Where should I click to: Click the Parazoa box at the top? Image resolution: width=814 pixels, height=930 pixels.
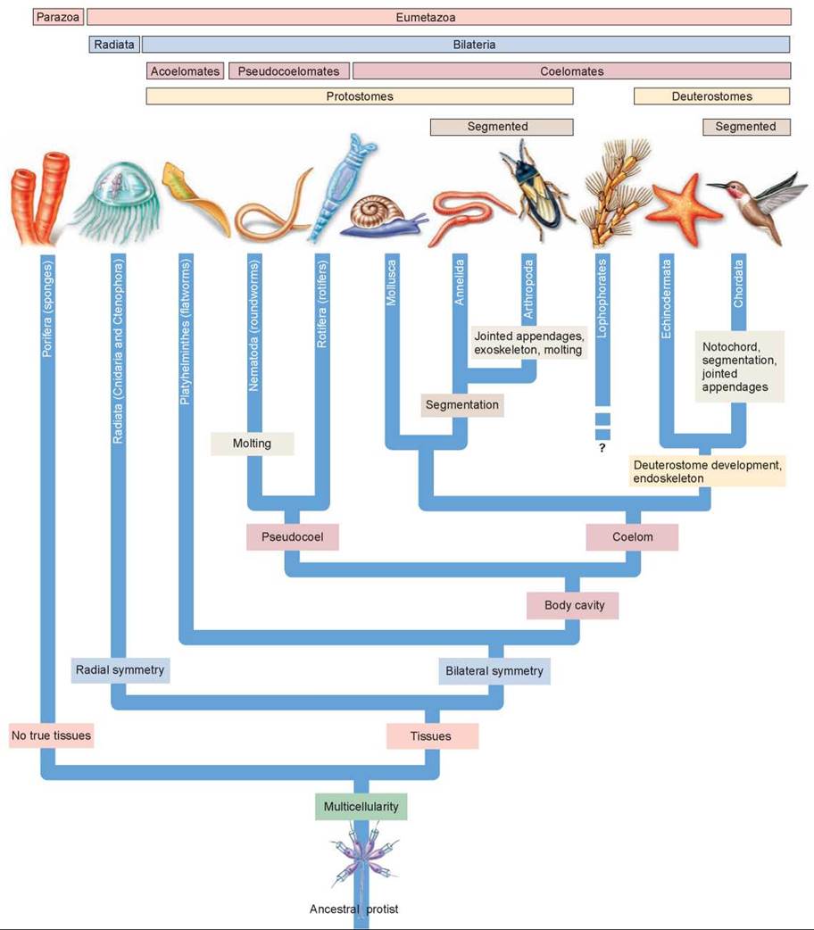coord(58,17)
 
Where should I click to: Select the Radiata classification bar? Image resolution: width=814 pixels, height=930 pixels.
coord(114,44)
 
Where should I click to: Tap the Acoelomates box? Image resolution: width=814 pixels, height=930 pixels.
coord(185,71)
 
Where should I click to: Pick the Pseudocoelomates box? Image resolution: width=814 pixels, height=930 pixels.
coord(288,71)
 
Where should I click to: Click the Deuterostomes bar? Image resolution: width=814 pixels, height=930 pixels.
coord(711,96)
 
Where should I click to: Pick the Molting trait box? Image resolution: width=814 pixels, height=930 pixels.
coord(252,443)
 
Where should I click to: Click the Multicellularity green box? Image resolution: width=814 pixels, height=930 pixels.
coord(361,806)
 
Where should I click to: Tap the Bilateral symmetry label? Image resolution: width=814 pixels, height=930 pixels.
coord(494,670)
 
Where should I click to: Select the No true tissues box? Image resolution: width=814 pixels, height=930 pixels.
coord(52,735)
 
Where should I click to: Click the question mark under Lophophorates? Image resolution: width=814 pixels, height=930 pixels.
coord(602,448)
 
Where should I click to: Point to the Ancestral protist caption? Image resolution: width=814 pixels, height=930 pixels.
coord(353,909)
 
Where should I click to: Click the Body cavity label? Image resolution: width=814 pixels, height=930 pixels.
coord(574,605)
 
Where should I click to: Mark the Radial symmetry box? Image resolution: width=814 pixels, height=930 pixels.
coord(120,669)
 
